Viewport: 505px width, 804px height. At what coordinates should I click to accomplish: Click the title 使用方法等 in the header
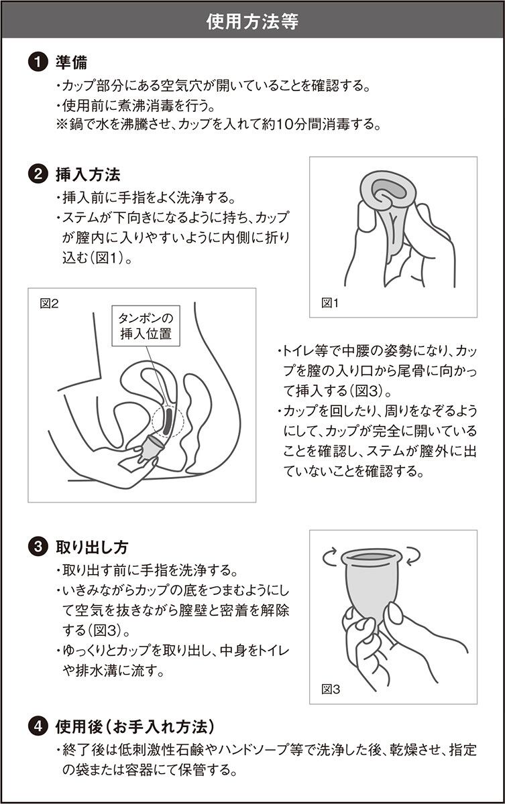[x=252, y=21]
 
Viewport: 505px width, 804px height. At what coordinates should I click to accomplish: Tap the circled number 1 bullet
[x=38, y=62]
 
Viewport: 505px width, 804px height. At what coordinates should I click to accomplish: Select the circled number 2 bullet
[x=38, y=175]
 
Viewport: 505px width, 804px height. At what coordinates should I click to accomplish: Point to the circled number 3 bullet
[x=38, y=547]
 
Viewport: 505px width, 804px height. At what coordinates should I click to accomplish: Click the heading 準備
[x=71, y=62]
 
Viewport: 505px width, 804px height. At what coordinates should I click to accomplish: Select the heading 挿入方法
[x=88, y=175]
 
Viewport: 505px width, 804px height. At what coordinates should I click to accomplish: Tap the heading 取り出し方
[x=92, y=547]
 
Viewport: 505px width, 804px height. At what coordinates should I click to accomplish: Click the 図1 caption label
[x=330, y=304]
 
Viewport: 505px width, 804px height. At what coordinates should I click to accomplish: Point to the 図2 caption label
[x=49, y=304]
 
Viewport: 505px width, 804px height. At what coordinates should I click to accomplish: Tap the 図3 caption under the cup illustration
[x=331, y=689]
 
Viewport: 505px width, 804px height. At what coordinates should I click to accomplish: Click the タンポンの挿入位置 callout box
[x=146, y=326]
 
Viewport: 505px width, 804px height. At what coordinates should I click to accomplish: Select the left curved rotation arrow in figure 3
[x=330, y=557]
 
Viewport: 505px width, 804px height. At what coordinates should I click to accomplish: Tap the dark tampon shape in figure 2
[x=168, y=420]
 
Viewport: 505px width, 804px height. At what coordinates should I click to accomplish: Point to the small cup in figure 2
[x=152, y=449]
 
